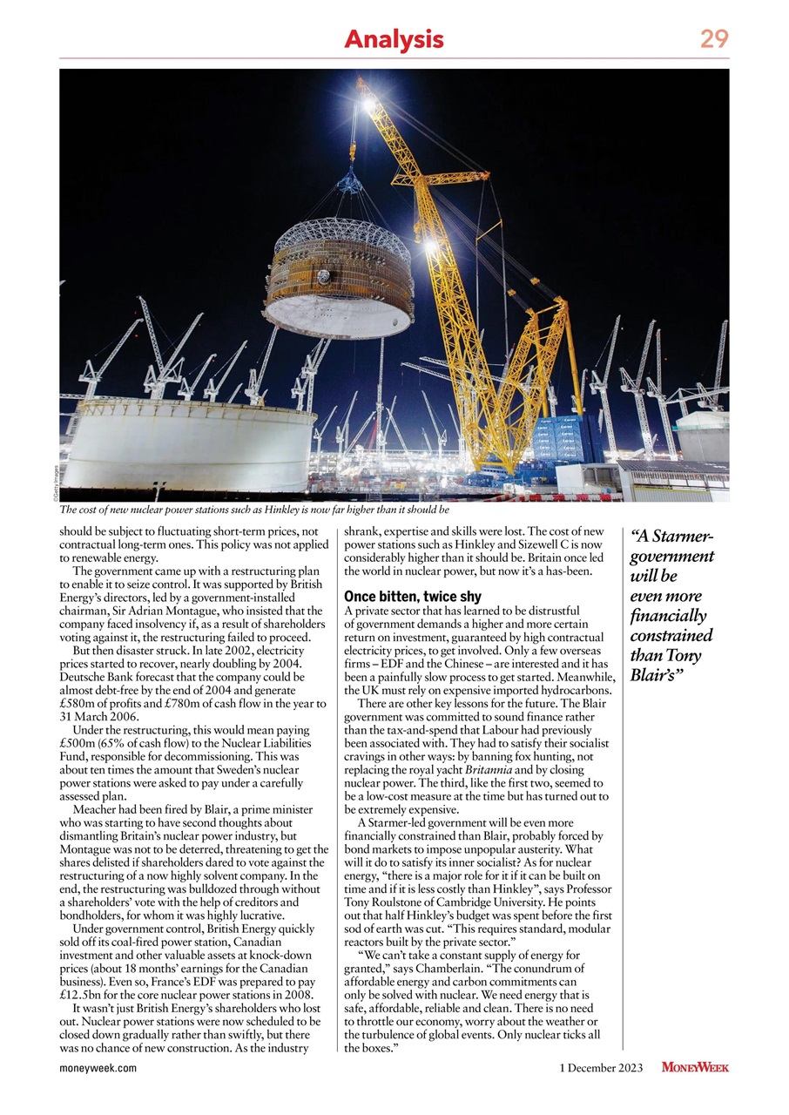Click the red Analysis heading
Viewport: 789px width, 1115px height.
[x=394, y=39]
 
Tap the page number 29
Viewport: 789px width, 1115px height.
[x=713, y=39]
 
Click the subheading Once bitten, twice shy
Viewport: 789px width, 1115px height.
[x=412, y=597]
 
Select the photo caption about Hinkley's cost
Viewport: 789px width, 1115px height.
[x=253, y=510]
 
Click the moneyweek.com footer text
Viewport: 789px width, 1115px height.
[x=98, y=1068]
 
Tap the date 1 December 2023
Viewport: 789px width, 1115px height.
[x=600, y=1068]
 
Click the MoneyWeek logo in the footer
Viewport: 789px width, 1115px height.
[x=695, y=1067]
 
